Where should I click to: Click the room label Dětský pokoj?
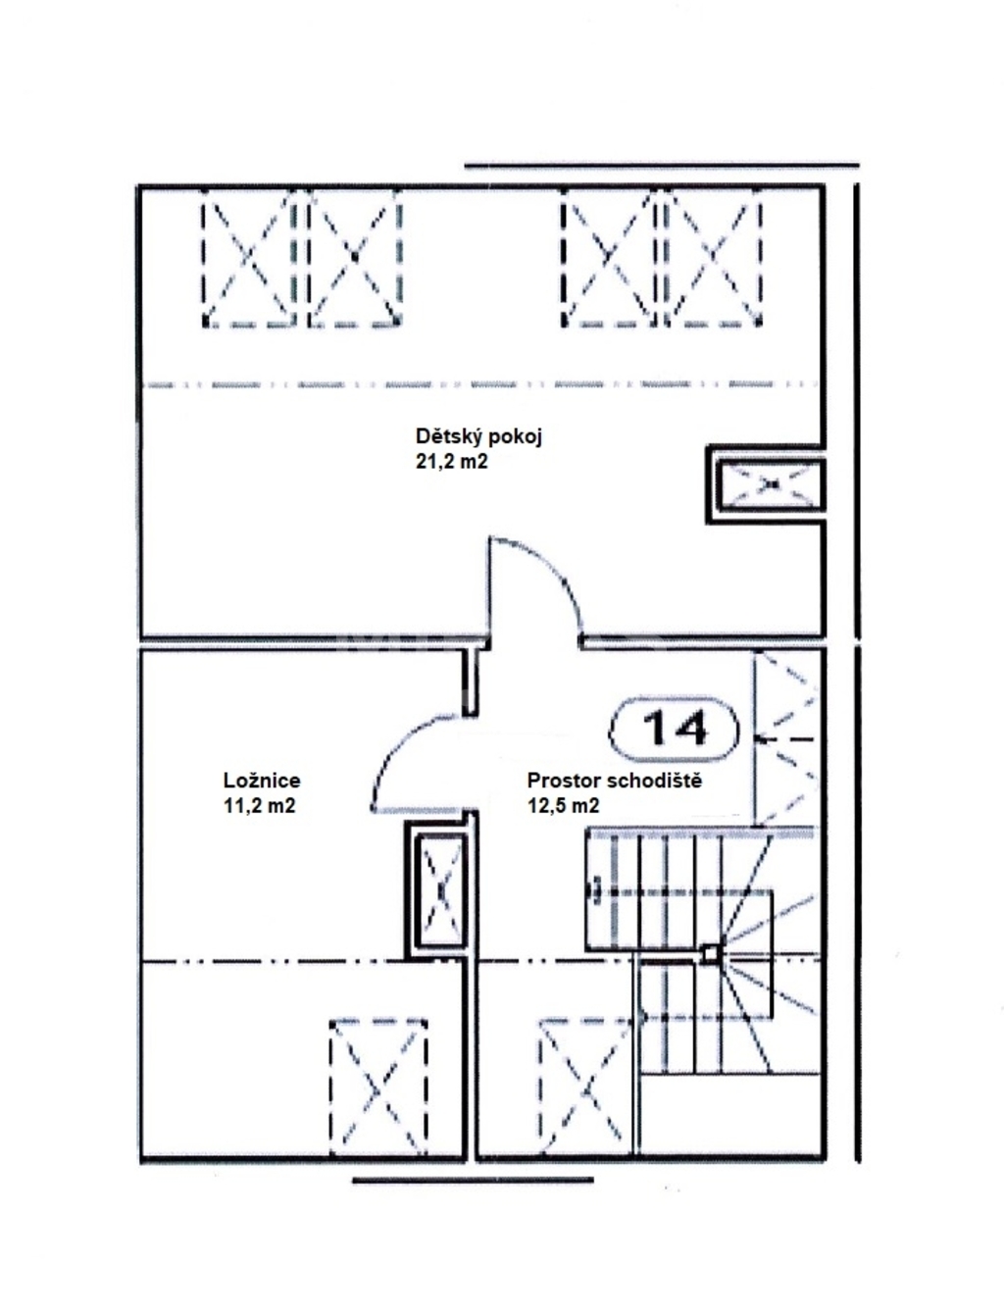478,437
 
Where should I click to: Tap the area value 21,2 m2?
451,462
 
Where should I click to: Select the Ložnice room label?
262,781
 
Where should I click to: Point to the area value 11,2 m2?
260,806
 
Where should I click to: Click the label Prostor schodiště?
615,781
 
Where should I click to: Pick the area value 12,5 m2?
564,806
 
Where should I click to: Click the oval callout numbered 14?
674,731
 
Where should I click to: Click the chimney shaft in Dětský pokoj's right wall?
766,484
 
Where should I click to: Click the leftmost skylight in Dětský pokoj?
248,258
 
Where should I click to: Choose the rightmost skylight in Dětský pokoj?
713,258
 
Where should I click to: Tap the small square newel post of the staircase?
710,953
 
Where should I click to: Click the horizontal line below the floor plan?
473,1180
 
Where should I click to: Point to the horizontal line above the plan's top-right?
662,165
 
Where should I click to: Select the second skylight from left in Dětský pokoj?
354,258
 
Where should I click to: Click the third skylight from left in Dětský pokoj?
609,258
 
